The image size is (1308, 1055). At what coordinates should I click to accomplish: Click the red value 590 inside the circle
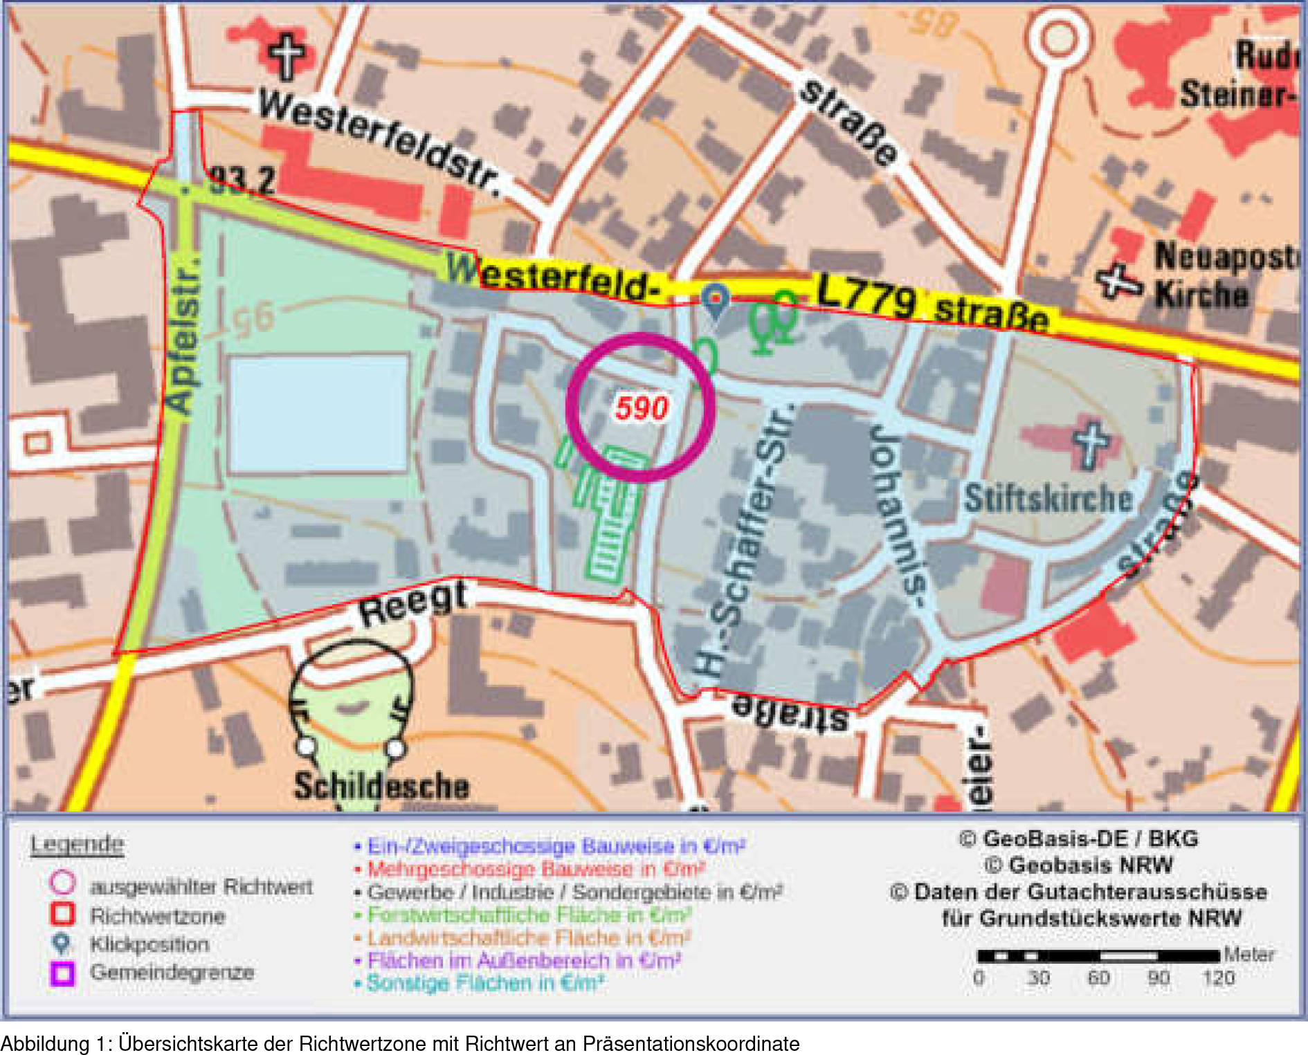tap(642, 408)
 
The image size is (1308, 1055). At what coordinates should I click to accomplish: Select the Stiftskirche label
tap(1048, 499)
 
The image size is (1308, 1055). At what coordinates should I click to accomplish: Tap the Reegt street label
tap(413, 603)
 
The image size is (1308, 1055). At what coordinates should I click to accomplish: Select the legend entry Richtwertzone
tap(158, 917)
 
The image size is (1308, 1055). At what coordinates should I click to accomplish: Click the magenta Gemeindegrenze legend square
tap(62, 973)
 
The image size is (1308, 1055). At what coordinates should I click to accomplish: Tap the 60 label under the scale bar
tap(1098, 978)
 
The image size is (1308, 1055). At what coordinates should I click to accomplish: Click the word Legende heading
tap(77, 845)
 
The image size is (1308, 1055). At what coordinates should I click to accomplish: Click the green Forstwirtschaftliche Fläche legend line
tap(529, 915)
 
